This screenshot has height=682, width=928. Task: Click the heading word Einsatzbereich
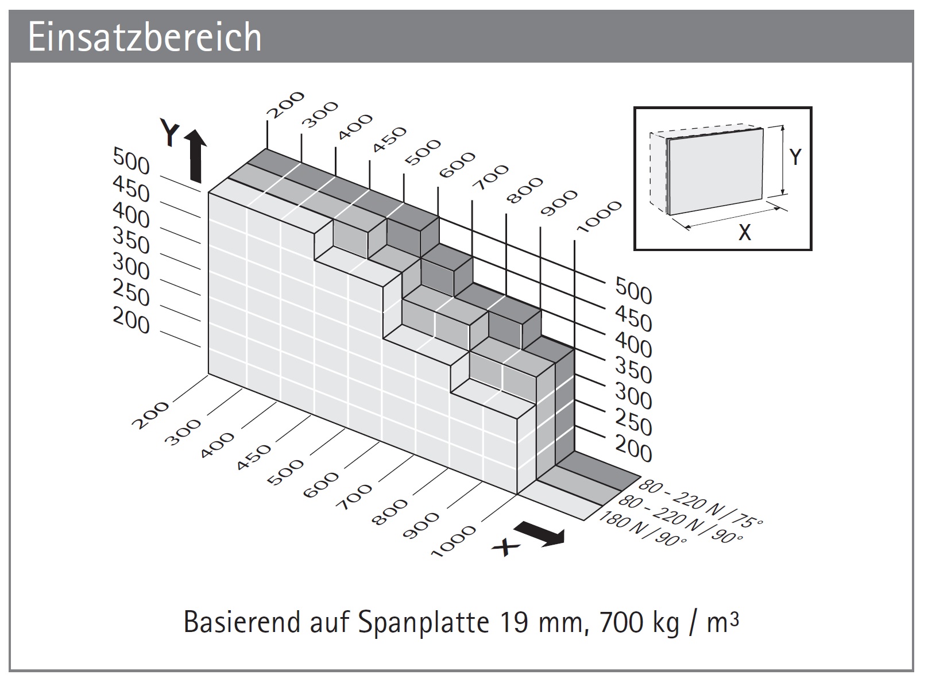[145, 38]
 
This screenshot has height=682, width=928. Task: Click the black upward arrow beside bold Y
[195, 155]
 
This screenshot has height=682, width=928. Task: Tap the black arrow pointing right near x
[540, 534]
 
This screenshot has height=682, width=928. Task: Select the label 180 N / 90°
[643, 531]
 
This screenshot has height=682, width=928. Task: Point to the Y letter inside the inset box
[795, 156]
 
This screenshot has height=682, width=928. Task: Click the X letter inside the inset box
[744, 233]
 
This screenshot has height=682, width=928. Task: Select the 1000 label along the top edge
[598, 217]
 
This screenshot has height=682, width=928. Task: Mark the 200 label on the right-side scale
[633, 449]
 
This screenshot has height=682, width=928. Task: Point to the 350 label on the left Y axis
[131, 240]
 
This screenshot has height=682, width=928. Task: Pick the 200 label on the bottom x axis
[151, 415]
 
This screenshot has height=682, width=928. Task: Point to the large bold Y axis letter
[170, 134]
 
